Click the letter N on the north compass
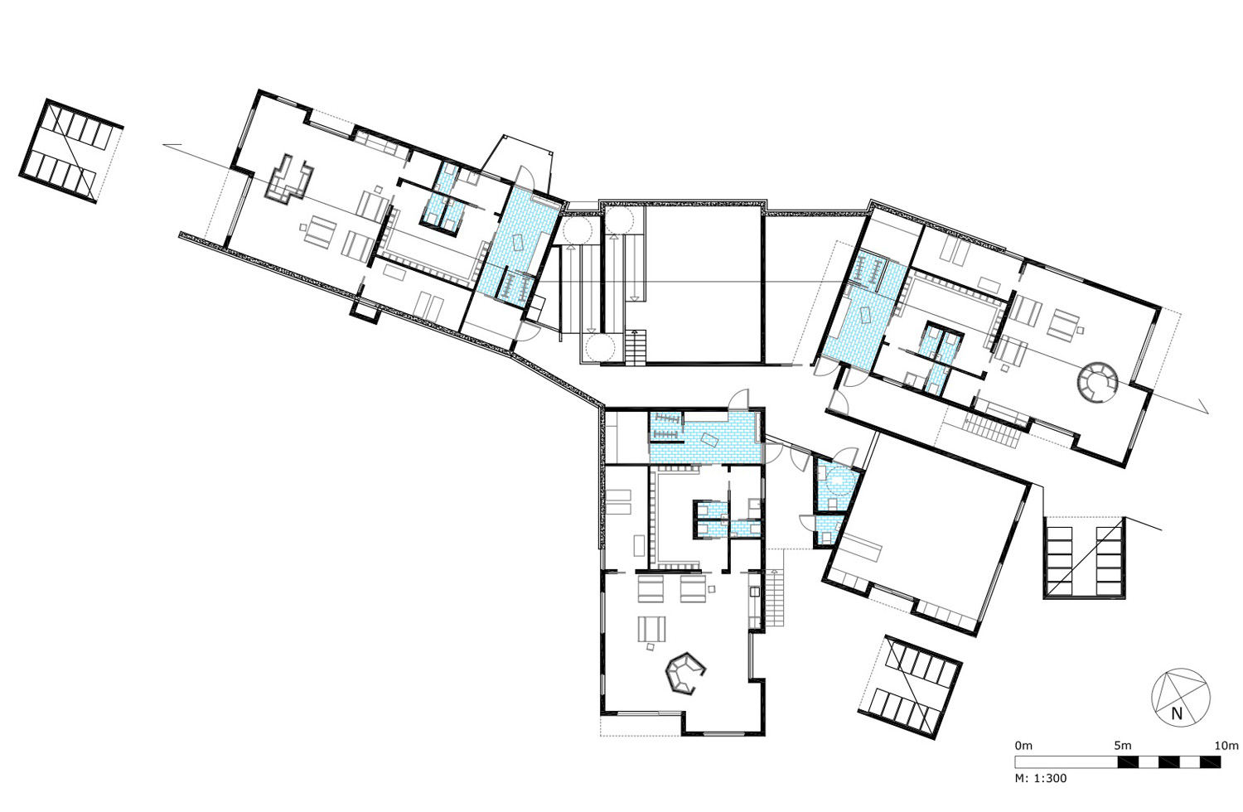(x=1177, y=713)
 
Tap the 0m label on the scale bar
(x=1023, y=746)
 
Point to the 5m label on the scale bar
(x=1123, y=746)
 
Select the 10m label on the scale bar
(x=1226, y=746)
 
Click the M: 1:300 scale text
(x=1041, y=778)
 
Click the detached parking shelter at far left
(x=70, y=152)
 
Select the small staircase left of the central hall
(x=636, y=347)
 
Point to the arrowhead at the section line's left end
(x=172, y=145)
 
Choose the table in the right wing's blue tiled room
(x=866, y=315)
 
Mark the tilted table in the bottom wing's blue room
(x=710, y=440)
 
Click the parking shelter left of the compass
(x=910, y=687)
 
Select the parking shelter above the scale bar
(x=1085, y=558)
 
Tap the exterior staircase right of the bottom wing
(x=776, y=597)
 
